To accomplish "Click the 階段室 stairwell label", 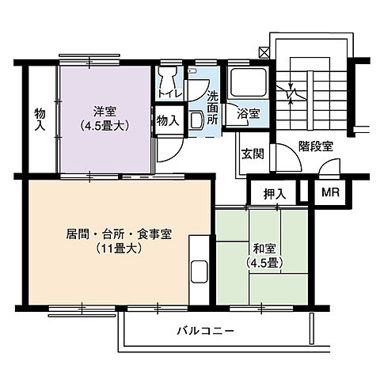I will pyautogui.click(x=315, y=146).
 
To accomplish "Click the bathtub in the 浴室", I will pyautogui.click(x=249, y=82).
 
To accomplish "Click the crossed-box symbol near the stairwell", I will pyautogui.click(x=263, y=51).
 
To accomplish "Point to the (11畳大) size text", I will pyautogui.click(x=119, y=249).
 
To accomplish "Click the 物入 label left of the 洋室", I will pyautogui.click(x=40, y=120).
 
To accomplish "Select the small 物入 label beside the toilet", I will pyautogui.click(x=166, y=120).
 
